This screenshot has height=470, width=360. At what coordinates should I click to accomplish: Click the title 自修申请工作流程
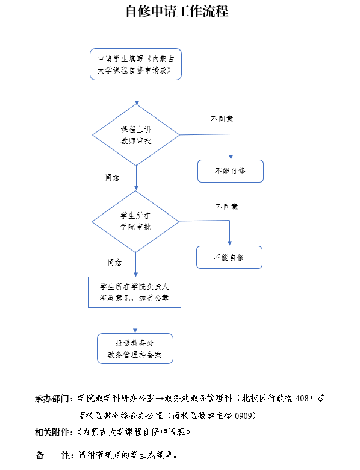(177, 11)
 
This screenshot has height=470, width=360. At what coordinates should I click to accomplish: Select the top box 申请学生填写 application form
(135, 64)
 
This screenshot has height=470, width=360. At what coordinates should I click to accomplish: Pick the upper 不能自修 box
(231, 171)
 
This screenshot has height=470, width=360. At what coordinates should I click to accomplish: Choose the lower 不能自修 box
(229, 257)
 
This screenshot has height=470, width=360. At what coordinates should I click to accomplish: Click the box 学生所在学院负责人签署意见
(135, 292)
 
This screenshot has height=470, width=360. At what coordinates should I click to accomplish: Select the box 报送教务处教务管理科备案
(135, 349)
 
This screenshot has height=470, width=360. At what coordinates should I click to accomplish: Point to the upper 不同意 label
(222, 119)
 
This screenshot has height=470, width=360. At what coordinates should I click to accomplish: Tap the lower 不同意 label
(227, 207)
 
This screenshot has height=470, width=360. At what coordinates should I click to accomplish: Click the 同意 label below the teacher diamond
(113, 177)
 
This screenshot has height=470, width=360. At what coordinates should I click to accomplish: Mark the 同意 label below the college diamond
(115, 263)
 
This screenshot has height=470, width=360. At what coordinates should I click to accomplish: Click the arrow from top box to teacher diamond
(137, 92)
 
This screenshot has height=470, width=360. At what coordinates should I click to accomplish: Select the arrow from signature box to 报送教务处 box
(135, 321)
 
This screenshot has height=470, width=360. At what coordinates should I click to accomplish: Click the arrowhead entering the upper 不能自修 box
(231, 157)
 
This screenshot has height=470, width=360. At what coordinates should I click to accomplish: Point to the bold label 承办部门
(52, 399)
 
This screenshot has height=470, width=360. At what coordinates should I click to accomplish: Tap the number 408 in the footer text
(302, 398)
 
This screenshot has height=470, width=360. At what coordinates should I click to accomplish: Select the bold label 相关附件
(52, 432)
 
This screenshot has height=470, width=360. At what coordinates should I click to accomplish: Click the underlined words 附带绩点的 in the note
(109, 455)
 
